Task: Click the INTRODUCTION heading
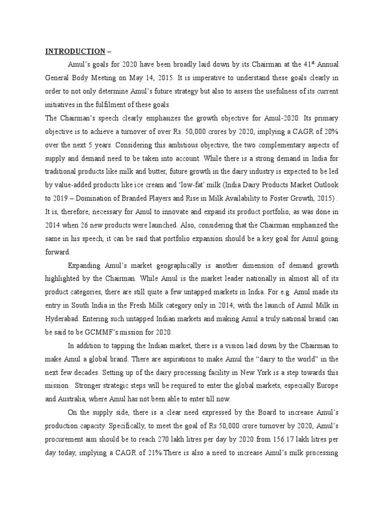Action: (75, 51)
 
